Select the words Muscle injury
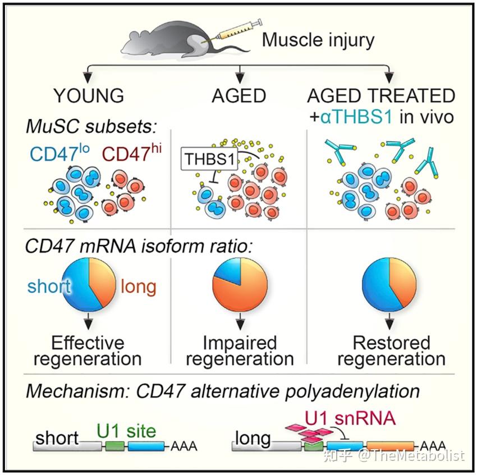(x=318, y=40)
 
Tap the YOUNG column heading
(x=89, y=95)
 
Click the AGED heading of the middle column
(x=238, y=95)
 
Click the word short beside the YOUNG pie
(x=49, y=287)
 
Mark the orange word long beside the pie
(x=139, y=287)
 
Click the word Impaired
(x=240, y=343)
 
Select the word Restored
(x=391, y=343)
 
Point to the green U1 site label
(x=126, y=431)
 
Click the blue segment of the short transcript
(x=146, y=447)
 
